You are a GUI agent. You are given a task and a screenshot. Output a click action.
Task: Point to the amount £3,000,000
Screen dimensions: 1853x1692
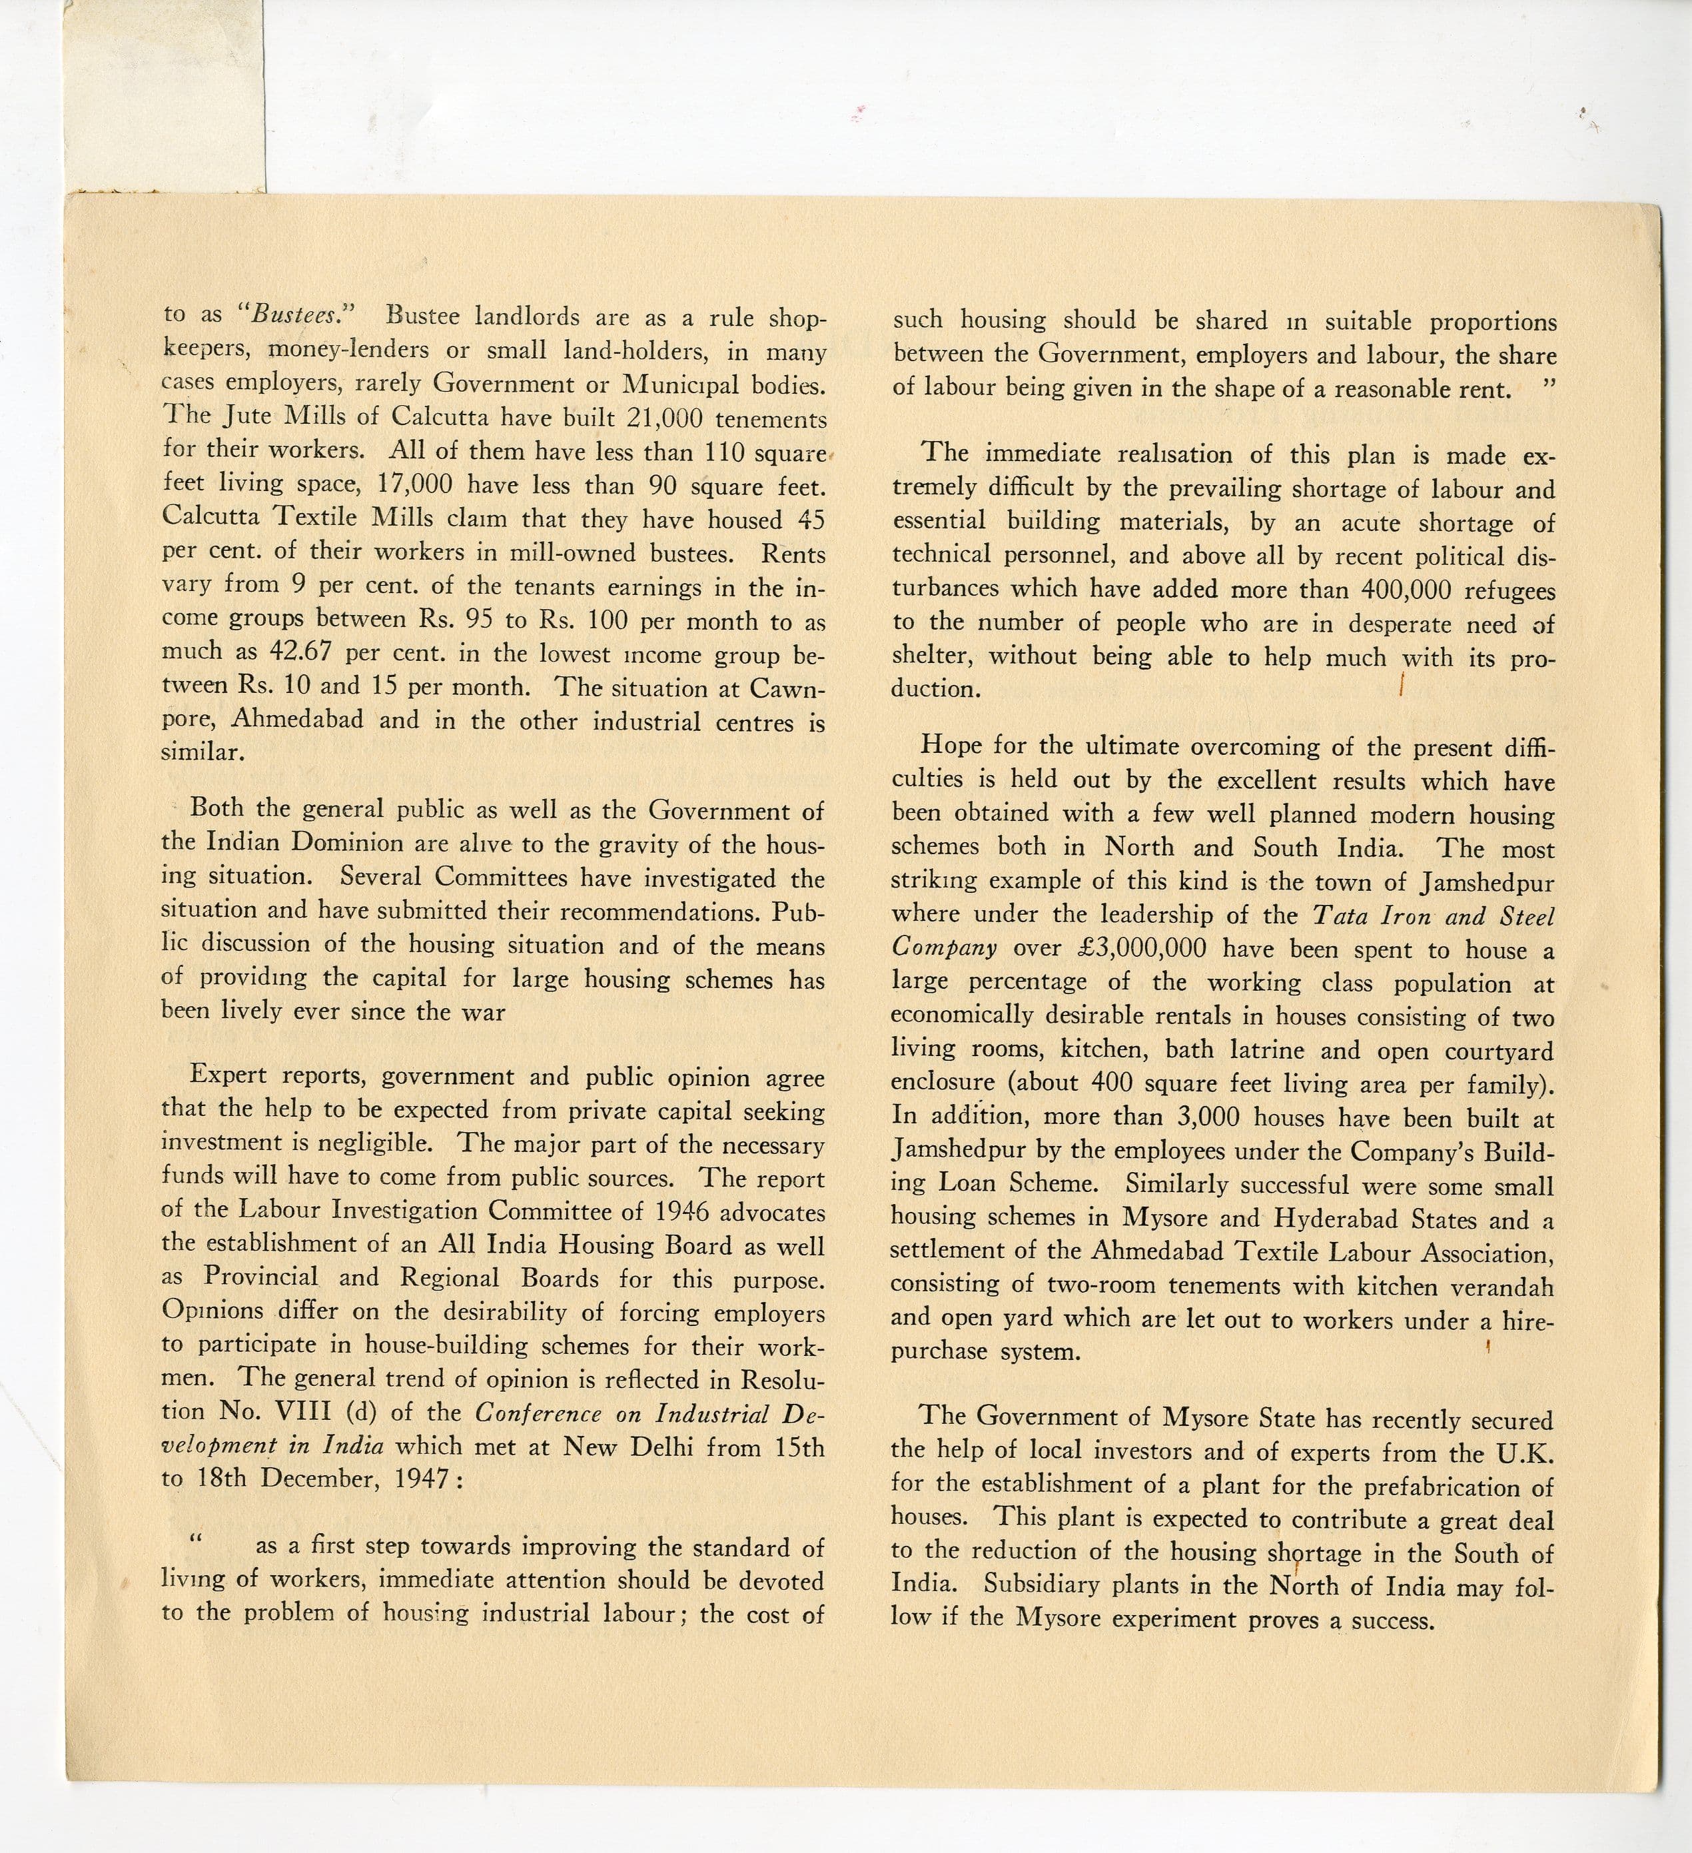point(1134,949)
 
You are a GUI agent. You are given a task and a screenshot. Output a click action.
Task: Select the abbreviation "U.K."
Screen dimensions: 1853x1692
point(1525,1453)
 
